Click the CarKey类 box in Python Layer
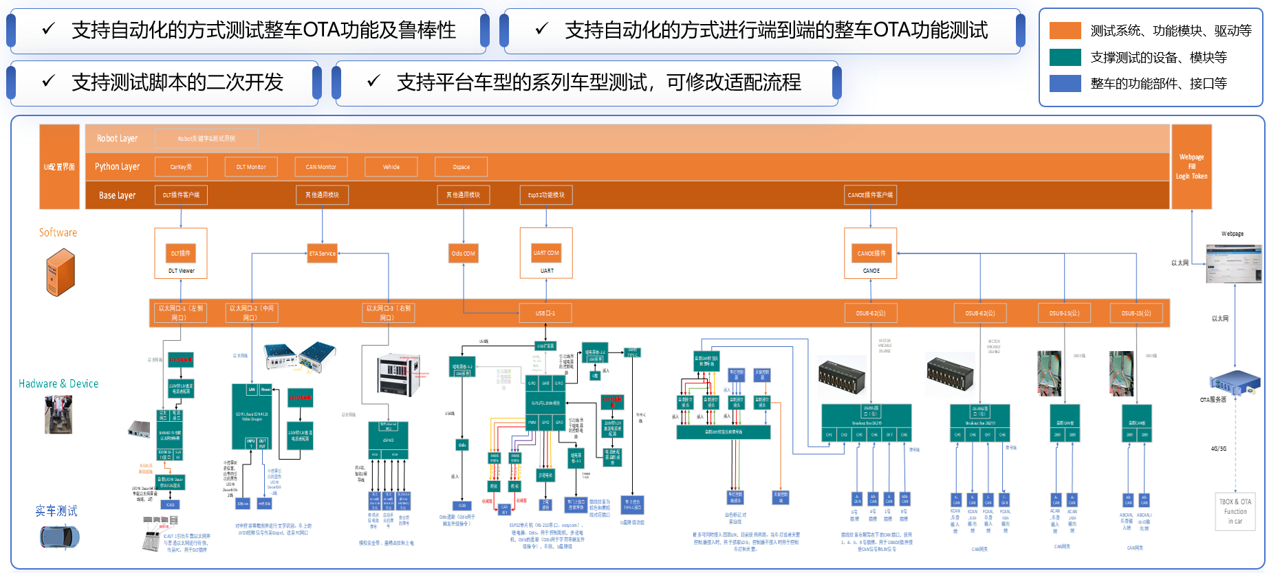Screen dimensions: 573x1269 pyautogui.click(x=181, y=167)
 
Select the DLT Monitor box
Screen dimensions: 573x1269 pyautogui.click(x=251, y=167)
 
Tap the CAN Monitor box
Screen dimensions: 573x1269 pyautogui.click(x=321, y=167)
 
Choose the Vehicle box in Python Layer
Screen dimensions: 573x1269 pyautogui.click(x=391, y=167)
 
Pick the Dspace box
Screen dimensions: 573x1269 pyautogui.click(x=462, y=167)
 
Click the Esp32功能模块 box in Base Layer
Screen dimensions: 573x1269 pyautogui.click(x=546, y=195)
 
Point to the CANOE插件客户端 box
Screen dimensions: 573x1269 pyautogui.click(x=870, y=195)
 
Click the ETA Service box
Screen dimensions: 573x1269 pyautogui.click(x=322, y=254)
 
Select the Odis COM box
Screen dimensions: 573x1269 pyautogui.click(x=463, y=254)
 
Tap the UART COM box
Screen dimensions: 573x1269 pyautogui.click(x=546, y=253)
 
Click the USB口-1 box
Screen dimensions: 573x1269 pyautogui.click(x=545, y=313)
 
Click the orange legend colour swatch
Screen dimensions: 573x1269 pyautogui.click(x=1065, y=31)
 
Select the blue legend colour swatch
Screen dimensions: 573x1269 pyautogui.click(x=1065, y=84)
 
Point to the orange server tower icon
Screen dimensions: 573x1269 pyautogui.click(x=60, y=273)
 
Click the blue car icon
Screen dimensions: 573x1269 pyautogui.click(x=59, y=537)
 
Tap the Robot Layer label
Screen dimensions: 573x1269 pyautogui.click(x=117, y=139)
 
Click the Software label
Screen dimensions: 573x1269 pyautogui.click(x=58, y=233)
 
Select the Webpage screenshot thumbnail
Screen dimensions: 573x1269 pyautogui.click(x=1234, y=264)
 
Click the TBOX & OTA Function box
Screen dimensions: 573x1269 pyautogui.click(x=1235, y=511)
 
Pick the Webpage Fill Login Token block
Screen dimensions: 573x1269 pyautogui.click(x=1191, y=166)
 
